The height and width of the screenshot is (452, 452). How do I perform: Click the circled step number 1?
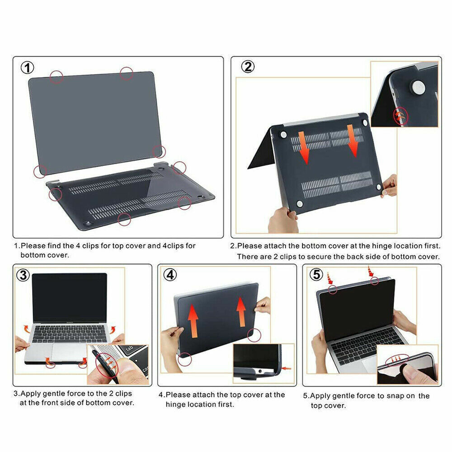pos(28,68)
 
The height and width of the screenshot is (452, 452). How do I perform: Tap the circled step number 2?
pos(247,67)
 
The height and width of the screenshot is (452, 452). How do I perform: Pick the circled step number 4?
pos(169,275)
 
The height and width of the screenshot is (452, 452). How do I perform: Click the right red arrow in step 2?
pos(353,140)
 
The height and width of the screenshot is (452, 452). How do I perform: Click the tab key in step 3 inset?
pos(129,349)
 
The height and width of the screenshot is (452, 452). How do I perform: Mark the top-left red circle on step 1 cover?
pos(56,77)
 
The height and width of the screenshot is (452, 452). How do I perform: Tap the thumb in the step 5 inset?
pos(414,373)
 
